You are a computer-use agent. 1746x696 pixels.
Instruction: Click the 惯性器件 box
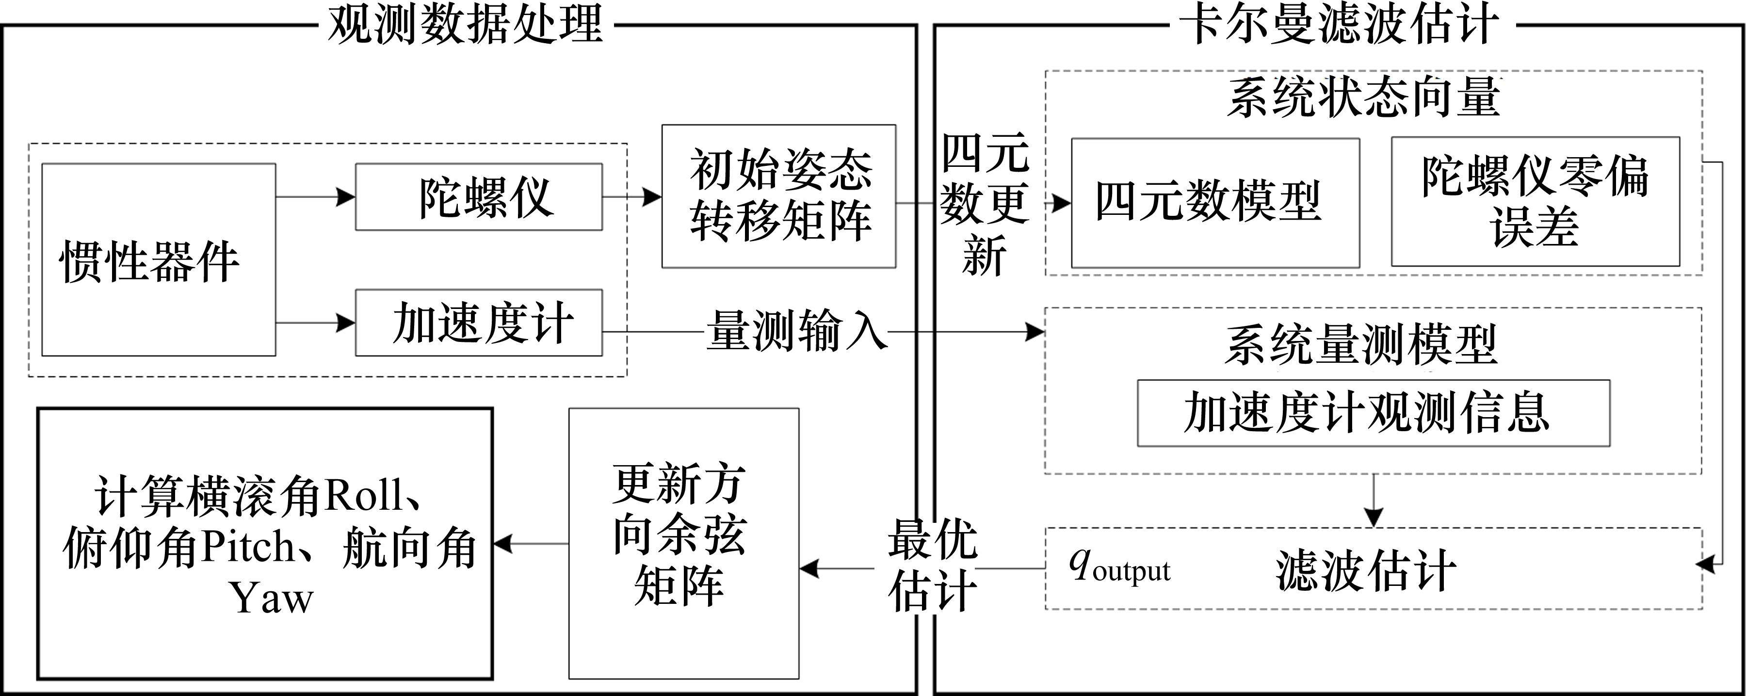coord(159,259)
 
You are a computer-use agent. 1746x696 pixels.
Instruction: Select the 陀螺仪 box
coord(479,196)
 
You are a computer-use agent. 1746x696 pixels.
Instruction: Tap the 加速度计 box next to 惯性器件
coord(479,323)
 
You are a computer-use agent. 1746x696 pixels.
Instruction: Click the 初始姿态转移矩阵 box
coord(779,196)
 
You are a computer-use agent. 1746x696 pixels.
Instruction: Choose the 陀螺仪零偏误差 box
coord(1535,201)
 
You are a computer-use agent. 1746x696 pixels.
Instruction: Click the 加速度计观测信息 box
coord(1373,413)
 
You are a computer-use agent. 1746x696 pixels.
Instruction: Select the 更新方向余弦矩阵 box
coord(683,543)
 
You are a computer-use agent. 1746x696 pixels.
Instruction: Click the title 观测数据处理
coord(465,25)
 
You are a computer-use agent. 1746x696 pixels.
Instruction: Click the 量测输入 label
coord(796,331)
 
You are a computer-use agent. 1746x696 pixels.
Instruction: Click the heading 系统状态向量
coord(1364,98)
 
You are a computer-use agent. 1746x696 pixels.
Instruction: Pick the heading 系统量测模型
coord(1361,345)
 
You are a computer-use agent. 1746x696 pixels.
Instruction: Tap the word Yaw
coord(272,597)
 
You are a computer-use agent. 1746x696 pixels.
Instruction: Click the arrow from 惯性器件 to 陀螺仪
coord(315,196)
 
